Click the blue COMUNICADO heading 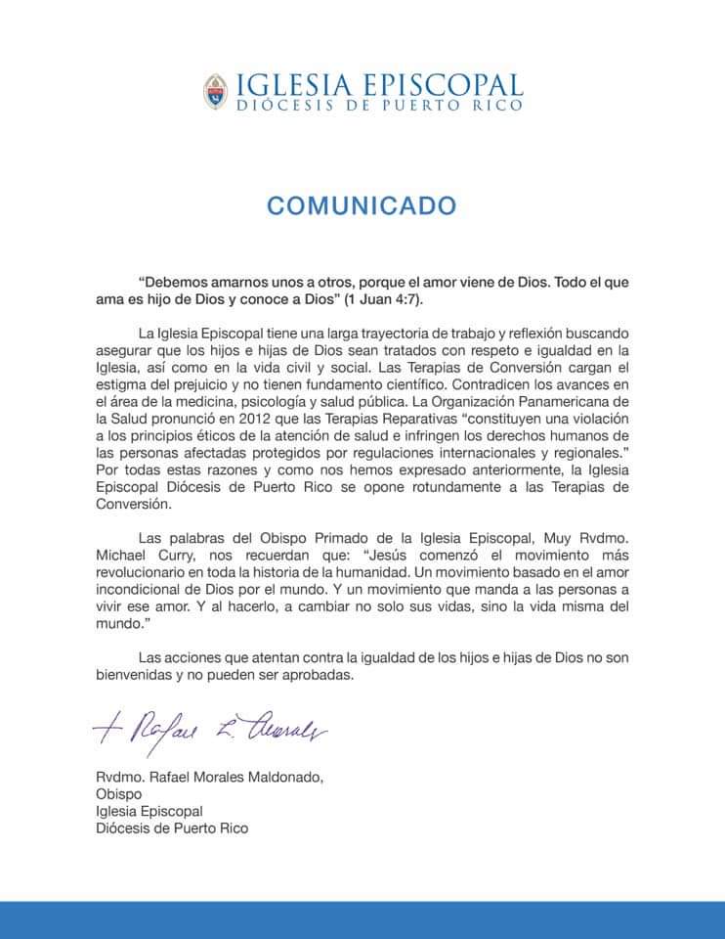click(x=362, y=205)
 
